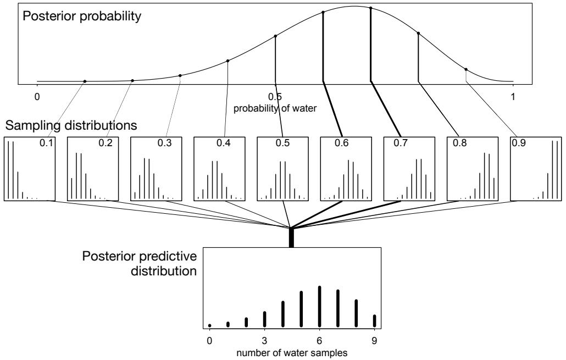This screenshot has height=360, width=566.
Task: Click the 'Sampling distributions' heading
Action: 70,125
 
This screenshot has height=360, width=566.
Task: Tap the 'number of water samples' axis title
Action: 292,353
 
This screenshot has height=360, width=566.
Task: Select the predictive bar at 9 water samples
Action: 375,320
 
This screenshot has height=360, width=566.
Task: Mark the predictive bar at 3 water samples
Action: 264,319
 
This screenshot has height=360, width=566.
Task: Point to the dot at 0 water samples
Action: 209,325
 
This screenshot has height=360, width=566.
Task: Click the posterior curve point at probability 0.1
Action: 85,81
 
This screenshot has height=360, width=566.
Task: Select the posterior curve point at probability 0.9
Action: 466,69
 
